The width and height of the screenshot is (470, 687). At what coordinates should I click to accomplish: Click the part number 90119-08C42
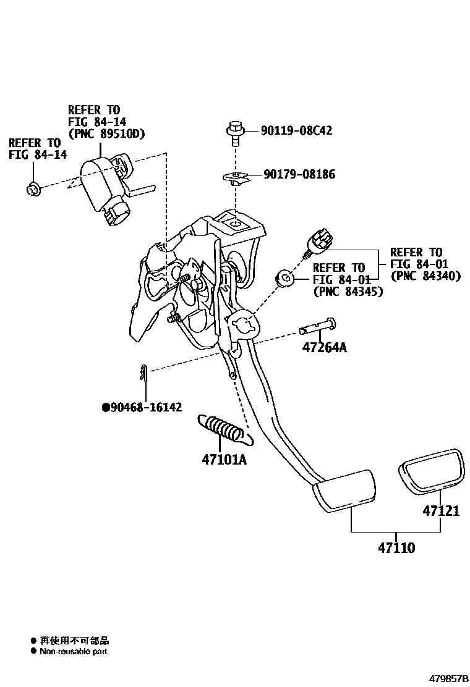coord(296,130)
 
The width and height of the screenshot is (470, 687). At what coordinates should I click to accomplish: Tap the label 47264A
coord(324,347)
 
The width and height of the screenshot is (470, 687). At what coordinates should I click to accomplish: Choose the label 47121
coord(441,511)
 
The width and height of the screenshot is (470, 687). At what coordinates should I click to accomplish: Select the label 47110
coord(396,547)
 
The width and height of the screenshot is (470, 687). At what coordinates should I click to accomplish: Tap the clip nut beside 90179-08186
coord(234,178)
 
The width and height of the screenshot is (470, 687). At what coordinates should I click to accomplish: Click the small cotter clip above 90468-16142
coord(143,374)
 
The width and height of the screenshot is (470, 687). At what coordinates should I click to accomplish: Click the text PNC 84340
coord(425,276)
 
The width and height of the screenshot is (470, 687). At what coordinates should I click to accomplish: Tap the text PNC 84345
coord(348,291)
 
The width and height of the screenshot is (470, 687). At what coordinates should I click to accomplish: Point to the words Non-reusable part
coord(74,651)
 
